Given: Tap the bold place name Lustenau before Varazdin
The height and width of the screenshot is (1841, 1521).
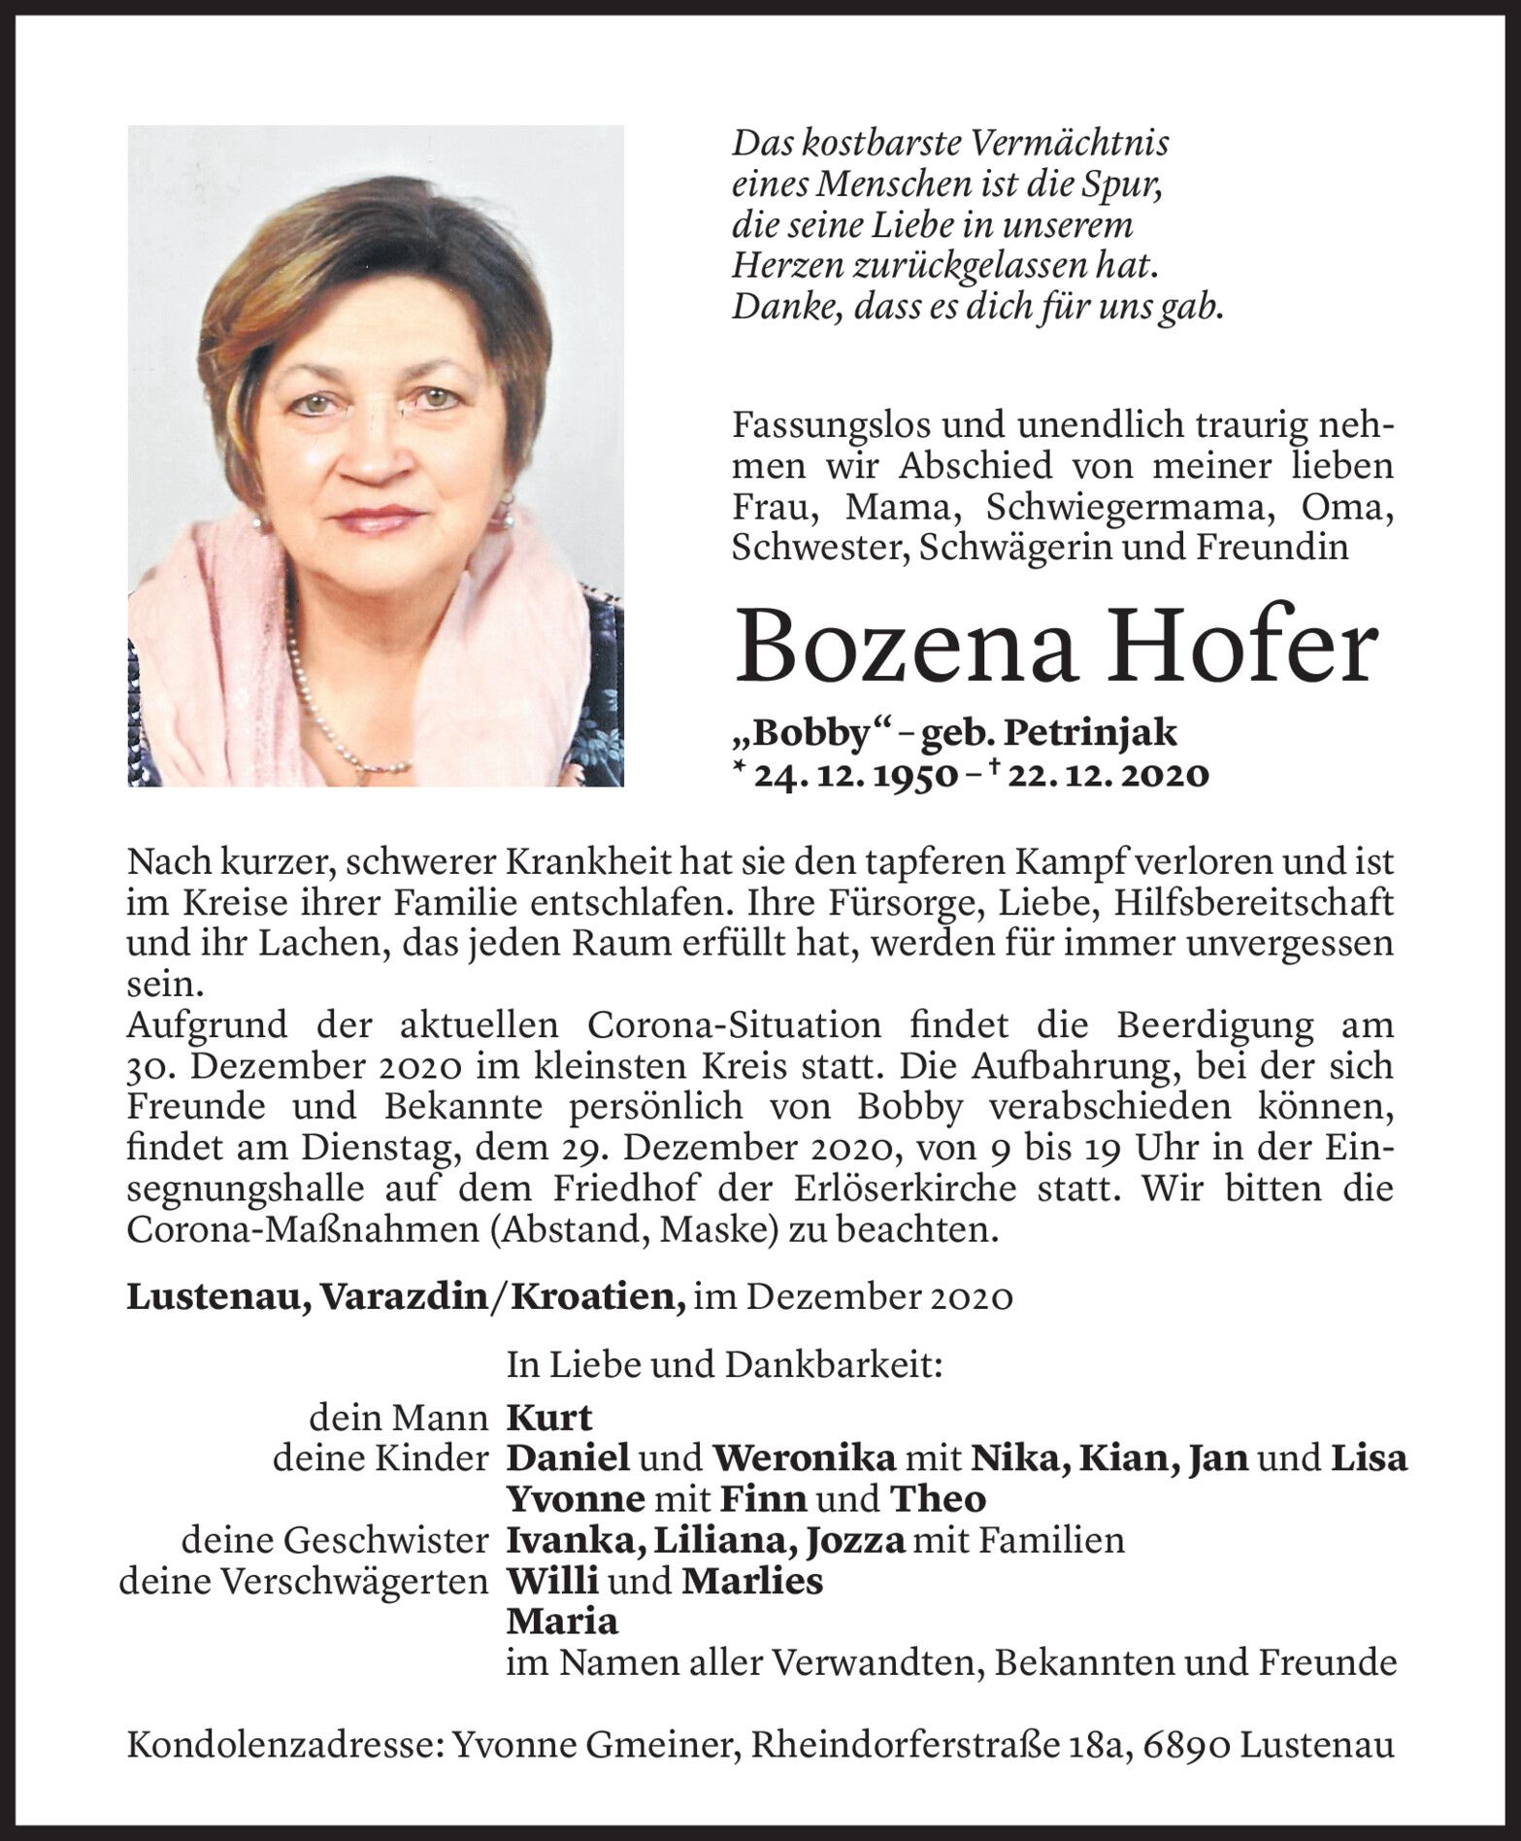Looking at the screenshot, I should pyautogui.click(x=218, y=1297).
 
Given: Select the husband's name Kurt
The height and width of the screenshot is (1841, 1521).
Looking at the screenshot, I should pyautogui.click(x=548, y=1418).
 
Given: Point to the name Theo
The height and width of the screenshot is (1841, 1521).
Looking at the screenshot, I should pyautogui.click(x=938, y=1499).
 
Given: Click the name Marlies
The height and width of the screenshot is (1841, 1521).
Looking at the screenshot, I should pyautogui.click(x=752, y=1581).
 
